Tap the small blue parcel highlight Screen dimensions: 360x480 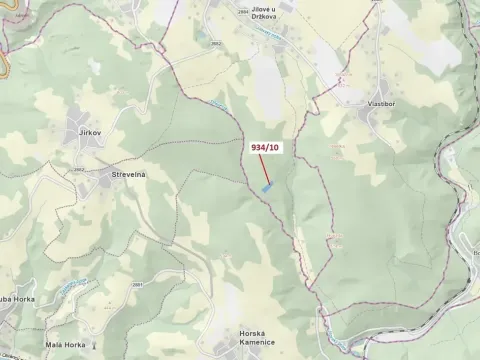coord(266,186)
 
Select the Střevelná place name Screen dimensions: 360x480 coord(129,174)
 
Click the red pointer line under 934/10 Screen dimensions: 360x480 coord(269,169)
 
